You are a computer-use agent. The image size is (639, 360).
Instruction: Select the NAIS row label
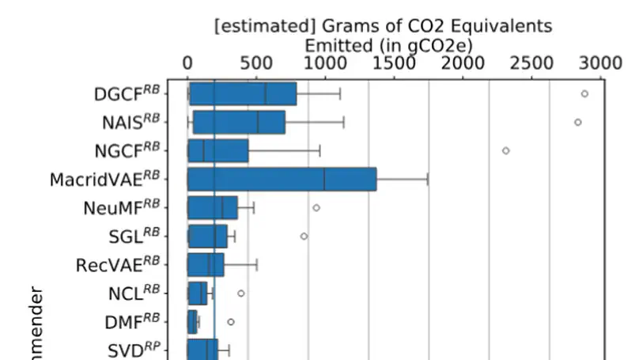130,123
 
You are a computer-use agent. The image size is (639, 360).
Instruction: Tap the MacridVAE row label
104,180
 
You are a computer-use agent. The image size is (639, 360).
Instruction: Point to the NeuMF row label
121,208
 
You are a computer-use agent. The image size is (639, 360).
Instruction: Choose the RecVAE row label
117,265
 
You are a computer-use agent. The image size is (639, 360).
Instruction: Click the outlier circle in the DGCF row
584,93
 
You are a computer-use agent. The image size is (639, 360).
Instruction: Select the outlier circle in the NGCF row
505,150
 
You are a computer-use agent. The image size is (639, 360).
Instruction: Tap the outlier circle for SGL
304,236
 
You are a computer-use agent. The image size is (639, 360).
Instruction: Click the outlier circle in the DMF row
231,322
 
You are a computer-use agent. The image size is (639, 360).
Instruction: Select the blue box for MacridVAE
282,179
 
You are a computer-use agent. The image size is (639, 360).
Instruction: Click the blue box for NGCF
217,150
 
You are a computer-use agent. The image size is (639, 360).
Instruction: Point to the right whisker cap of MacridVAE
428,179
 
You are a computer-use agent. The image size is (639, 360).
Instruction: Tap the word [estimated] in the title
258,26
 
